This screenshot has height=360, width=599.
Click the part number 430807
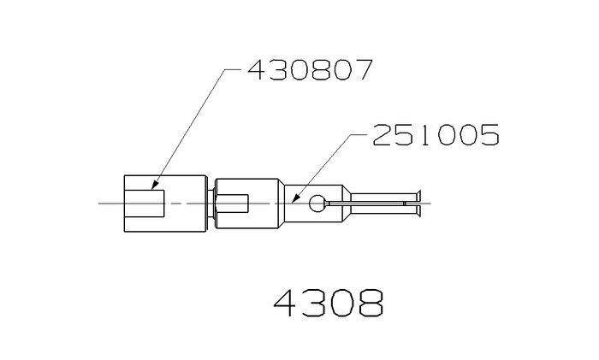pos(310,69)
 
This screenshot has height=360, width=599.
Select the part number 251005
pos(436,135)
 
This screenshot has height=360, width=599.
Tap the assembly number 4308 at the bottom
pos(329,303)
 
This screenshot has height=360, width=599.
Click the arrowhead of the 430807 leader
pos(154,185)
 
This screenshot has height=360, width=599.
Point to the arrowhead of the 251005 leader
pos(294,198)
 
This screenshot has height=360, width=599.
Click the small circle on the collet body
pos(317,204)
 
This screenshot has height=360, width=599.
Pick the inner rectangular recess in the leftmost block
pos(145,204)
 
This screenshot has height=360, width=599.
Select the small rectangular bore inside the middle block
pos(232,204)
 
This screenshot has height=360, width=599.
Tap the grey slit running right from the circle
pos(365,204)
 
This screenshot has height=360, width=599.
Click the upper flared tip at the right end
pos(418,195)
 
